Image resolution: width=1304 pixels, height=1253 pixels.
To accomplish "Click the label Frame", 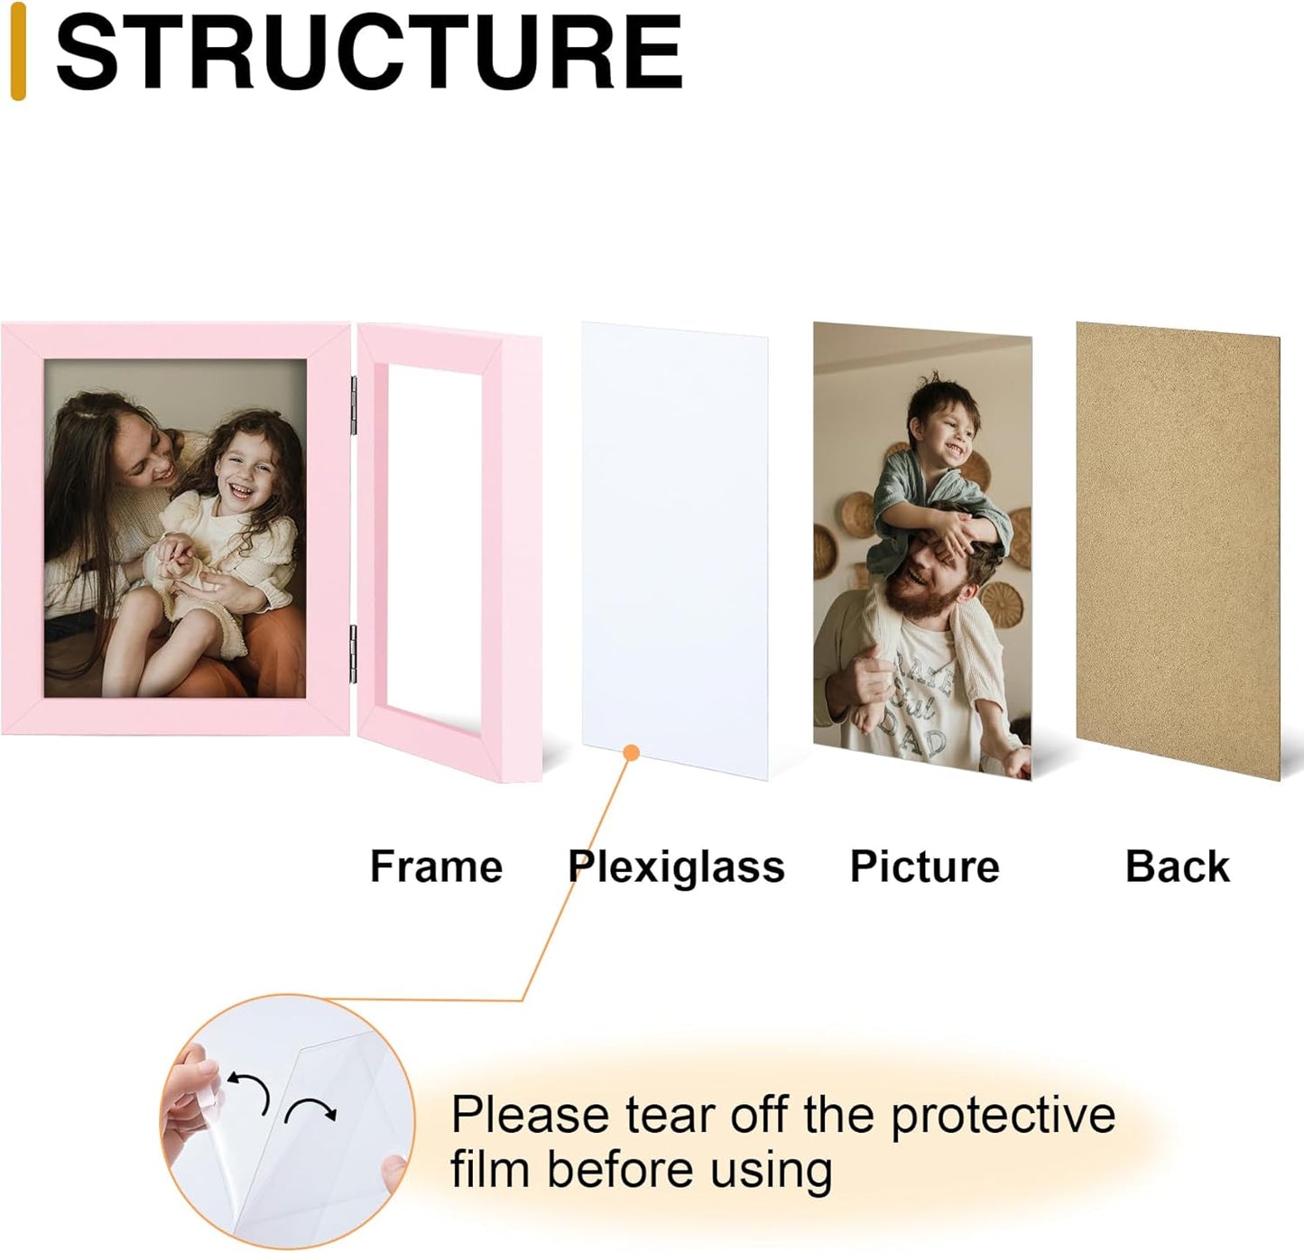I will pos(436,867).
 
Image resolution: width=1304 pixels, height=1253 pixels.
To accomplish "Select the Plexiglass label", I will pos(676,867).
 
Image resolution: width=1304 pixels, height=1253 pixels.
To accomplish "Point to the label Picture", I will pos(924,867).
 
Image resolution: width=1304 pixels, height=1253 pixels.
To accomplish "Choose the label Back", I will pos(1177,867).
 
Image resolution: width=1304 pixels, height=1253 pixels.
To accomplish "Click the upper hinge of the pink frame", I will pos(353,404).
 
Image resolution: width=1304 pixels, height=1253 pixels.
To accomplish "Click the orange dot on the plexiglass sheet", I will pos(632,753).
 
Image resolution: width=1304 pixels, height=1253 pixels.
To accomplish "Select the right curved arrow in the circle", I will pos(310,1109).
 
